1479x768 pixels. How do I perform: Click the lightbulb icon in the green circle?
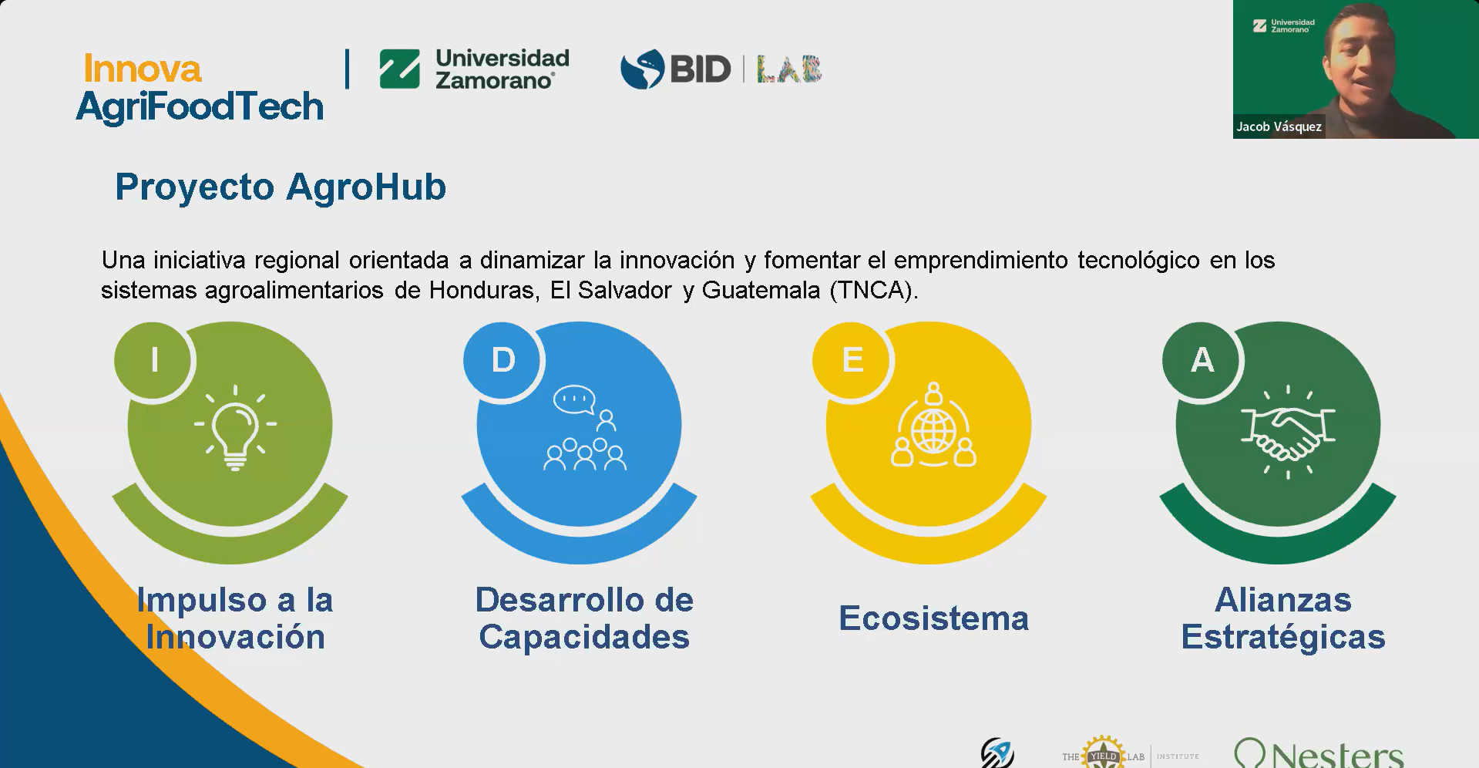pos(235,428)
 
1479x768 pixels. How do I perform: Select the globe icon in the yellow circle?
pos(933,430)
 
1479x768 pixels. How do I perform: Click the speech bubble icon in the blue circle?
pos(574,399)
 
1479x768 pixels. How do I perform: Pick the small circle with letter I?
pos(154,360)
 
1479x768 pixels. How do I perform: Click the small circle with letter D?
pos(503,360)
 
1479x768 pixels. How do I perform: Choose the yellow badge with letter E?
pos(852,360)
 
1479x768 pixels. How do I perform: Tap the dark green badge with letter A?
pos(1202,360)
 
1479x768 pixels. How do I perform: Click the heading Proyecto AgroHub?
pos(281,187)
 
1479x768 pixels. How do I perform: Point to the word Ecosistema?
pos(933,618)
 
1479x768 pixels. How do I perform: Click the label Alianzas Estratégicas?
pos(1283,618)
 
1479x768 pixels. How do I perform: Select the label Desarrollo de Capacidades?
pos(584,618)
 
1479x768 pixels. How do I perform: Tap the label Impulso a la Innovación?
pos(235,618)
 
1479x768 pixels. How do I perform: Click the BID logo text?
pos(700,69)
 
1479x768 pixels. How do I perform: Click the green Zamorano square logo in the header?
pos(399,69)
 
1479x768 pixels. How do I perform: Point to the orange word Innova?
pos(143,69)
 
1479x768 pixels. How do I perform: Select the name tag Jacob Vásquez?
pos(1279,126)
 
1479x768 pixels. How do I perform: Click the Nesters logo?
pos(1319,753)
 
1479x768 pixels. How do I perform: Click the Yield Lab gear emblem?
pos(1103,753)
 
